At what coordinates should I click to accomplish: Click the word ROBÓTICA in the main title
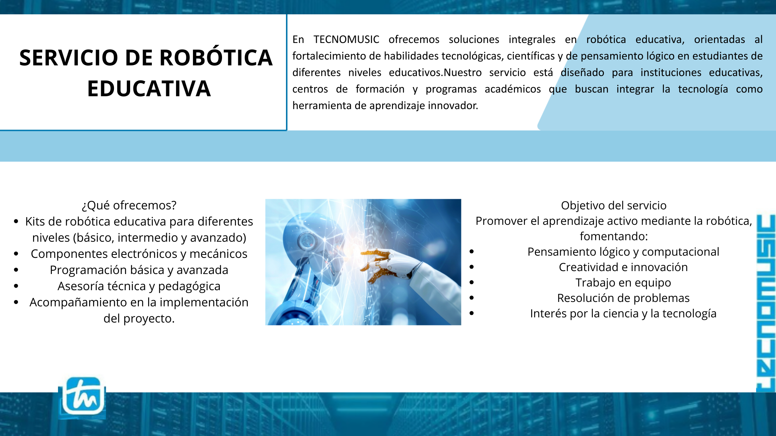[x=216, y=58]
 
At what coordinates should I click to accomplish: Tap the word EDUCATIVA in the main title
[x=149, y=89]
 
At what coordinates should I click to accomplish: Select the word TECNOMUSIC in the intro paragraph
[x=346, y=39]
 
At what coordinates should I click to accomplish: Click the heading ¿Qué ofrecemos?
[x=129, y=205]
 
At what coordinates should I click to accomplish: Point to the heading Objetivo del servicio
[x=614, y=205]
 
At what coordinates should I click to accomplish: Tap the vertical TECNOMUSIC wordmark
[x=766, y=303]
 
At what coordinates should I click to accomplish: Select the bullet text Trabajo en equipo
[x=623, y=283]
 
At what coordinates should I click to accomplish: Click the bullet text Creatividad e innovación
[x=623, y=267]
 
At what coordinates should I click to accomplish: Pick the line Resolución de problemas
[x=623, y=298]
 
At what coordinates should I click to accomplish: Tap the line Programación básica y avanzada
[x=139, y=270]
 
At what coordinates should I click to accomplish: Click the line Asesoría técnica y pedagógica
[x=139, y=287]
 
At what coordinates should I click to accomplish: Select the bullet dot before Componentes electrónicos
[x=16, y=254]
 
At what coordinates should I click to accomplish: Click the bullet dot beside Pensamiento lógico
[x=472, y=252]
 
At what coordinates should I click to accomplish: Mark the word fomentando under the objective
[x=614, y=237]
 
